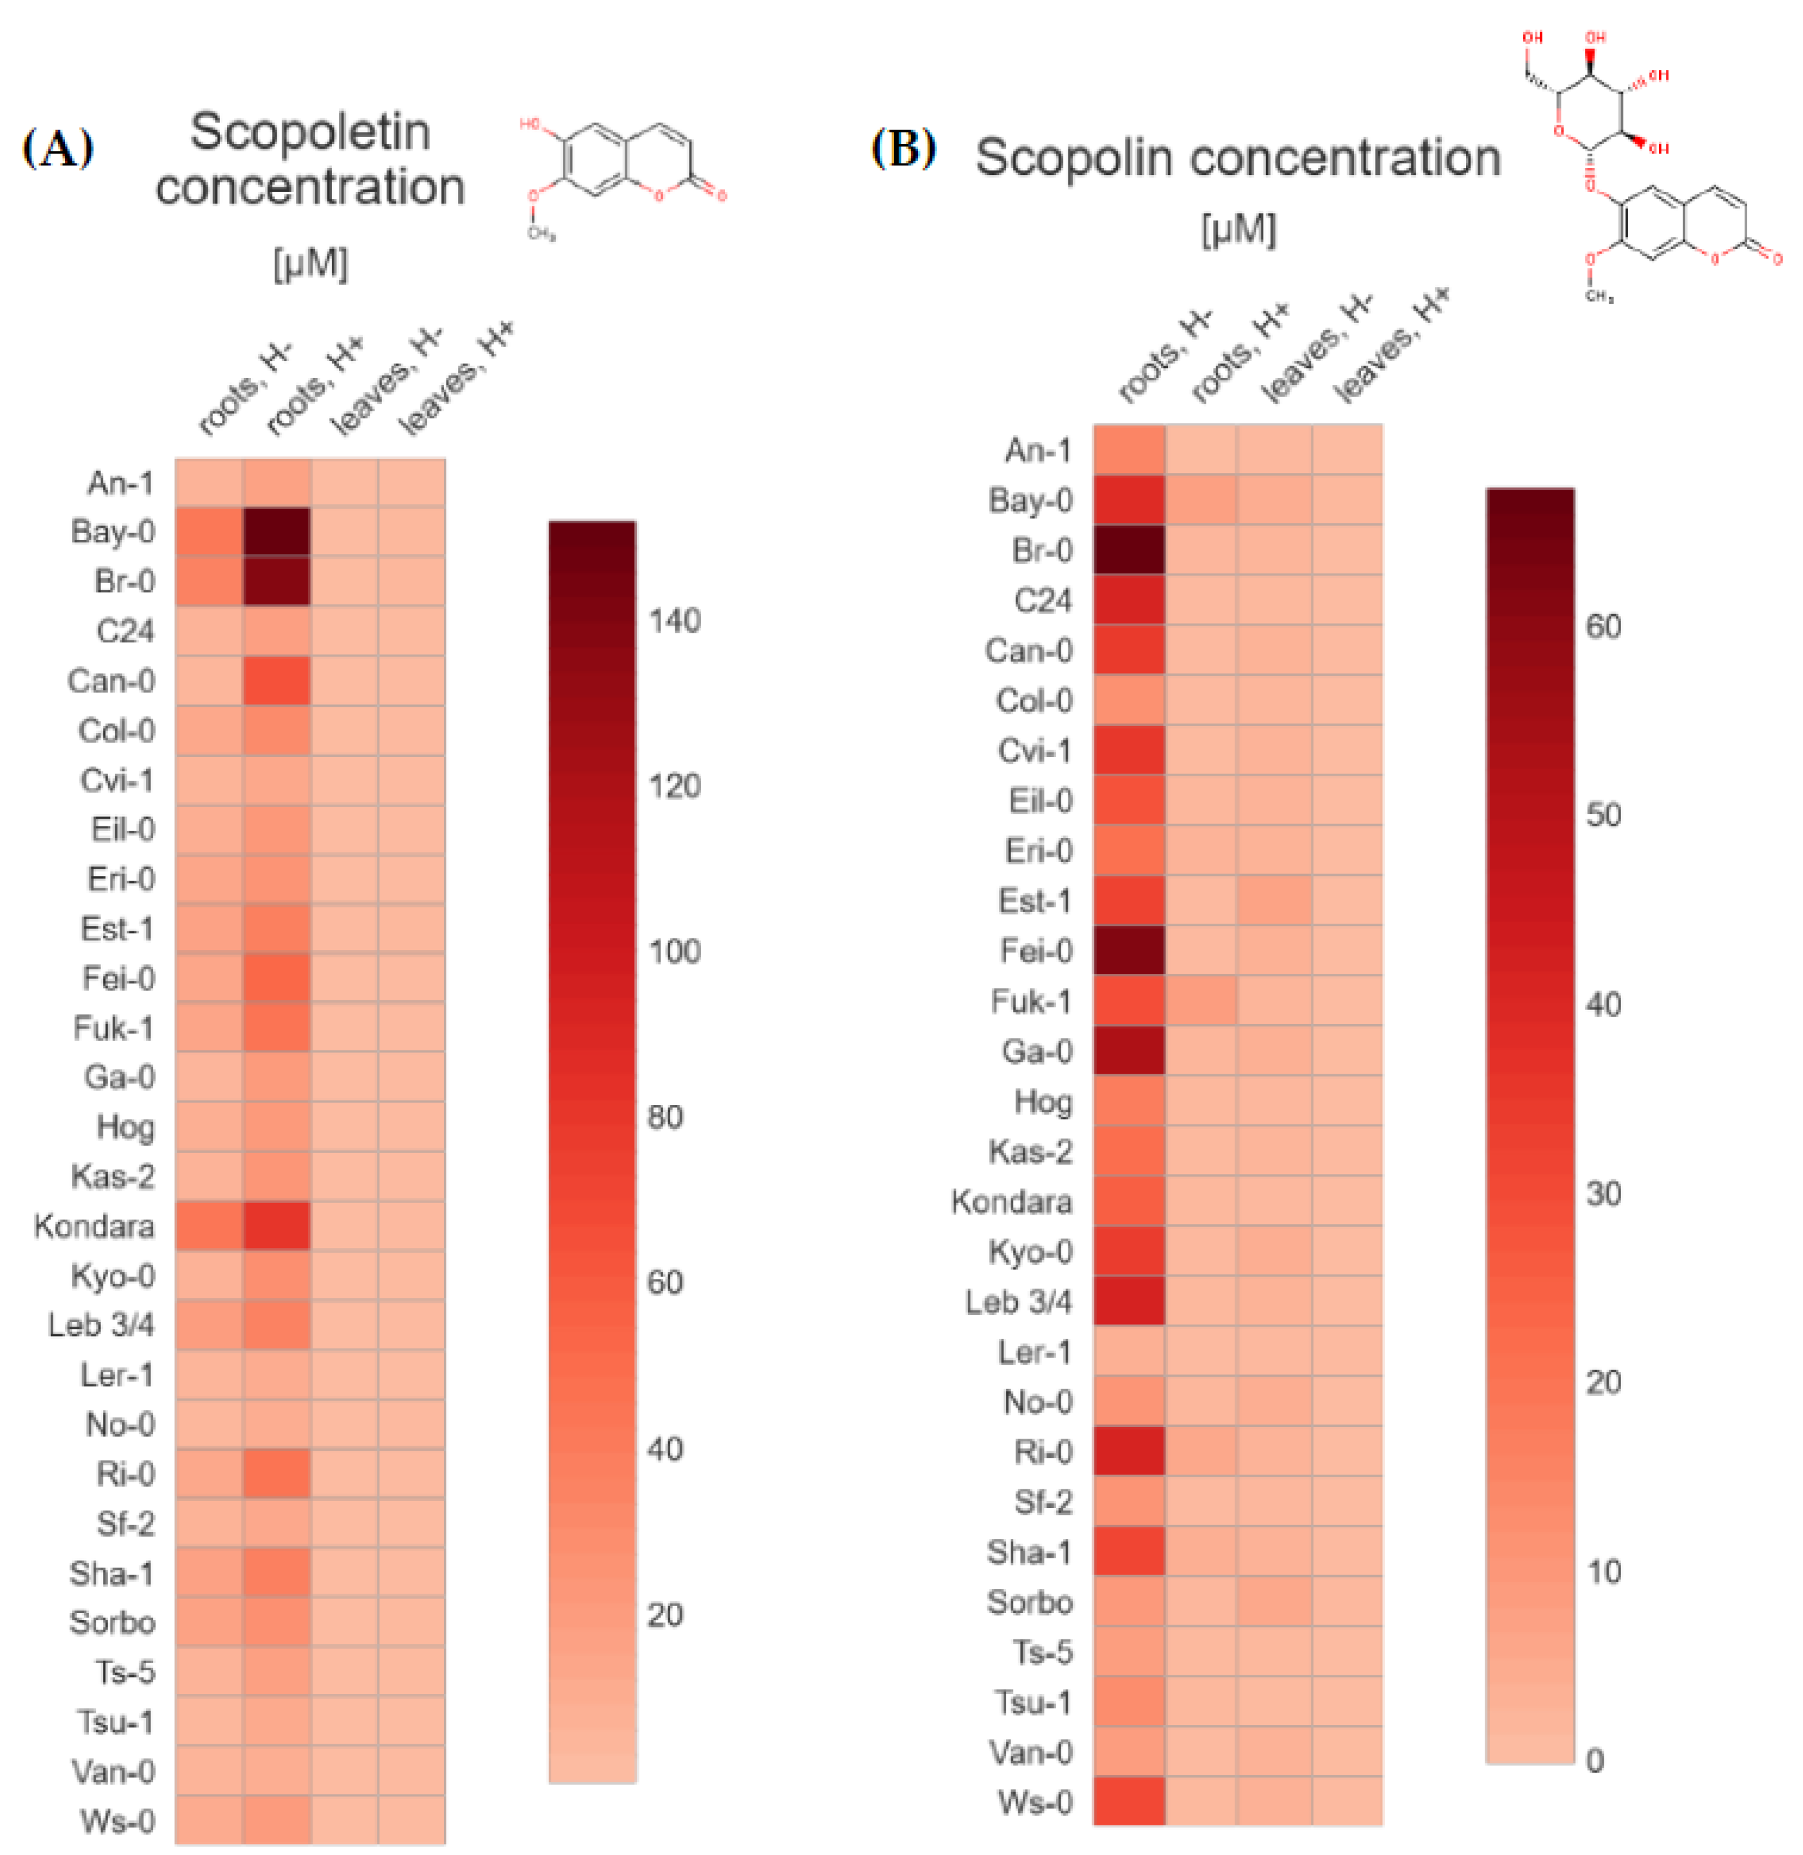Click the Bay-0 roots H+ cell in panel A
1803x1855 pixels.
(277, 532)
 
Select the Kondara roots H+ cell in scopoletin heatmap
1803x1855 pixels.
(277, 1226)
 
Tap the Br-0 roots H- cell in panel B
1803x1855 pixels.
(1129, 550)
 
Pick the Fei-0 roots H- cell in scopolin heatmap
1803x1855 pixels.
(1129, 950)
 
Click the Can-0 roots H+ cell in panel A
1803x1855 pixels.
(277, 680)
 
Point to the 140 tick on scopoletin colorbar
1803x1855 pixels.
(673, 620)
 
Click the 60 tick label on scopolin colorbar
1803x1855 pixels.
(1603, 626)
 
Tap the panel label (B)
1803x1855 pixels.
(903, 149)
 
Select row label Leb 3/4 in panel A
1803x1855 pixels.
(102, 1325)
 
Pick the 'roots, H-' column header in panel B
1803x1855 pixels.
(1165, 356)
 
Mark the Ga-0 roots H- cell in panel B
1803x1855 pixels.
(1129, 1050)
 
